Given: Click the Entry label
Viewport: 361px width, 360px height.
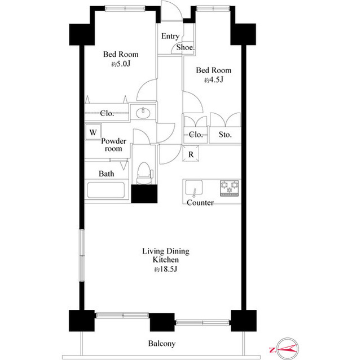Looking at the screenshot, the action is pyautogui.click(x=170, y=36).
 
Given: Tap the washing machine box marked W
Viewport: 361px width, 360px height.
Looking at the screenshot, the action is pyautogui.click(x=93, y=132).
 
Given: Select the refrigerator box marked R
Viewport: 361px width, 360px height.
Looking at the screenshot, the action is pyautogui.click(x=191, y=153).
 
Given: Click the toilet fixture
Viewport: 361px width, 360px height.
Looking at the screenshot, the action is pyautogui.click(x=144, y=173).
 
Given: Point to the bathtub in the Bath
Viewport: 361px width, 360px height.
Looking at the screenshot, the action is pyautogui.click(x=106, y=190).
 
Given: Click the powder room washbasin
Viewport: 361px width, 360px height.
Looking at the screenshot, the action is pyautogui.click(x=143, y=113).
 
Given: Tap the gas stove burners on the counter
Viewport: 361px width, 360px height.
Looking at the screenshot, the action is pyautogui.click(x=230, y=188).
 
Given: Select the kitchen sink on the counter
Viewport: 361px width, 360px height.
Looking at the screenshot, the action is pyautogui.click(x=194, y=188).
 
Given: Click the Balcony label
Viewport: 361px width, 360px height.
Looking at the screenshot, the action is pyautogui.click(x=162, y=344).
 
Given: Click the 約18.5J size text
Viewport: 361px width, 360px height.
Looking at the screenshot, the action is pyautogui.click(x=166, y=269).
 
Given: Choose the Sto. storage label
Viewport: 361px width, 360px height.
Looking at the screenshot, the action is pyautogui.click(x=225, y=135).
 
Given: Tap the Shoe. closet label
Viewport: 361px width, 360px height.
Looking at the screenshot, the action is pyautogui.click(x=186, y=47).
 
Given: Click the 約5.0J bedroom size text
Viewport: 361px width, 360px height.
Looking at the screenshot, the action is pyautogui.click(x=121, y=64).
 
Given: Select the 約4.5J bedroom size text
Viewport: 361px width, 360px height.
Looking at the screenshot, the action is pyautogui.click(x=214, y=80).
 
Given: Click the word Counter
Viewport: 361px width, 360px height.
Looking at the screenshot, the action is pyautogui.click(x=200, y=202).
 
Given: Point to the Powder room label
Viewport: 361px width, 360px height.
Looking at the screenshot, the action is pyautogui.click(x=114, y=145).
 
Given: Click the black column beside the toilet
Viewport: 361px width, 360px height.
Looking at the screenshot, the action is pyautogui.click(x=144, y=194).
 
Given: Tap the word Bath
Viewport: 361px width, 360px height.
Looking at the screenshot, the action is pyautogui.click(x=107, y=174).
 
